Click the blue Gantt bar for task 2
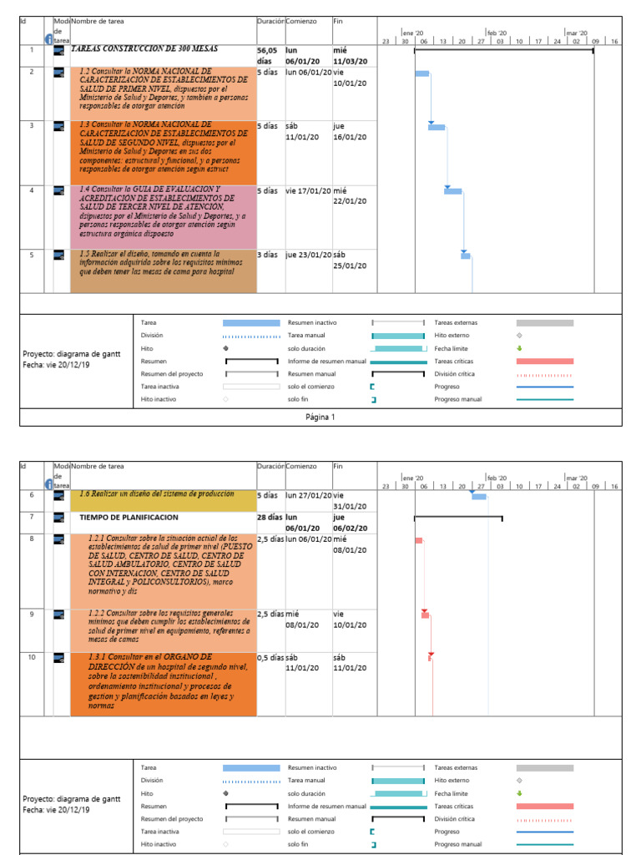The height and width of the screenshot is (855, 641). coord(422,73)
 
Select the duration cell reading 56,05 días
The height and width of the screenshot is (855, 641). coord(270,55)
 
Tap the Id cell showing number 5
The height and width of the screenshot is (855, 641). coord(32,255)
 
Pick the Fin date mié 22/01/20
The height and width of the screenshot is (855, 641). coord(350,195)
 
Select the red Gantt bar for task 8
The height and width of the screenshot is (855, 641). coord(419,540)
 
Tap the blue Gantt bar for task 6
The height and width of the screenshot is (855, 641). coord(479,497)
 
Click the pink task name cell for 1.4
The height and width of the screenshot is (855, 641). coord(163,215)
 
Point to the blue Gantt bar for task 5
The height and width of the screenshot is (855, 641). coord(466,255)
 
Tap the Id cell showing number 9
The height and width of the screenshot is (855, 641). coord(32,615)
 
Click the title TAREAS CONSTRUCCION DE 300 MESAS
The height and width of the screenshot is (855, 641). coord(134,49)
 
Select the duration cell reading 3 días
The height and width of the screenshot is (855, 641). coord(266,255)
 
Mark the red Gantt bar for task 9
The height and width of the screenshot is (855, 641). coord(426,615)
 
